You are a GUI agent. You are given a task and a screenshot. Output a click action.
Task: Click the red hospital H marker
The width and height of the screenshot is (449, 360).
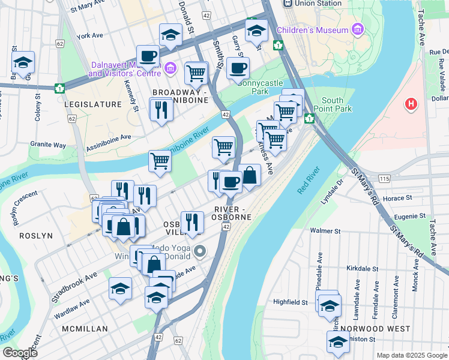point(411,104)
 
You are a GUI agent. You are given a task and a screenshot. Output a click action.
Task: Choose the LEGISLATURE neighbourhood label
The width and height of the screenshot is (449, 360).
point(92,104)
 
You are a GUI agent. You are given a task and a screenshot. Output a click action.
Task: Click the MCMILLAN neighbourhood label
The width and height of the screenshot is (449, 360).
point(85,329)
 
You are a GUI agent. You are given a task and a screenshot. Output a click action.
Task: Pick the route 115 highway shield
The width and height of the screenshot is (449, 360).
point(384,179)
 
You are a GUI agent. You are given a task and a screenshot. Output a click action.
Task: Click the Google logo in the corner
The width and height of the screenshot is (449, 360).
point(20,352)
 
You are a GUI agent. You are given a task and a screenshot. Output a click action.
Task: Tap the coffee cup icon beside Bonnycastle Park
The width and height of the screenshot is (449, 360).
point(238,69)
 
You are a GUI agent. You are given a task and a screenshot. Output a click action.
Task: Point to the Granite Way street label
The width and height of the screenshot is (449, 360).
point(48,145)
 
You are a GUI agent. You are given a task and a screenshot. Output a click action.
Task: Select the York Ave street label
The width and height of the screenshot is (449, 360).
point(91,36)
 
